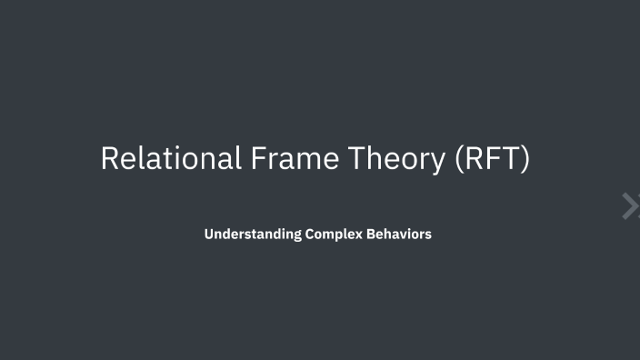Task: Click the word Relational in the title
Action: (170, 158)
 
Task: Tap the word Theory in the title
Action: (397, 158)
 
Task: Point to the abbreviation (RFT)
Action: (491, 158)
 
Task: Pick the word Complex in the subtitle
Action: (333, 235)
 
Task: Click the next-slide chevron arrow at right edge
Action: (630, 206)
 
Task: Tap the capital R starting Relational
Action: (110, 158)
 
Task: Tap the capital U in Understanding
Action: (209, 235)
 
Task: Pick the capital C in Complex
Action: (309, 235)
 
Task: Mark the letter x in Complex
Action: (358, 235)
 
